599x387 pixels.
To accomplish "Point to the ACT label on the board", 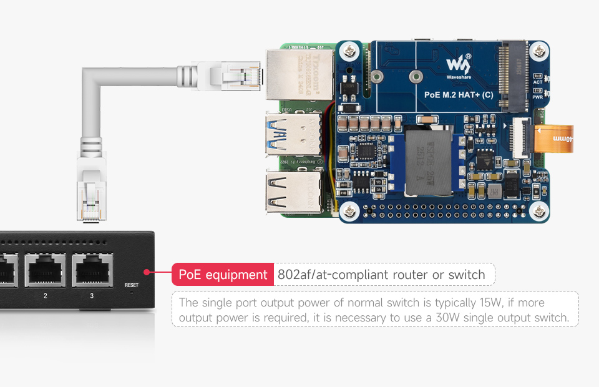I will [537, 82].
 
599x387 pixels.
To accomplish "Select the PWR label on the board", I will [537, 97].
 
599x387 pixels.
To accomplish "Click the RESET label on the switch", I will [131, 285].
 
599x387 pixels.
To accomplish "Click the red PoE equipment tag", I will [223, 275].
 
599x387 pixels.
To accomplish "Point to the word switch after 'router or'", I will [465, 275].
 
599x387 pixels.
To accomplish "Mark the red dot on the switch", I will [146, 272].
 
